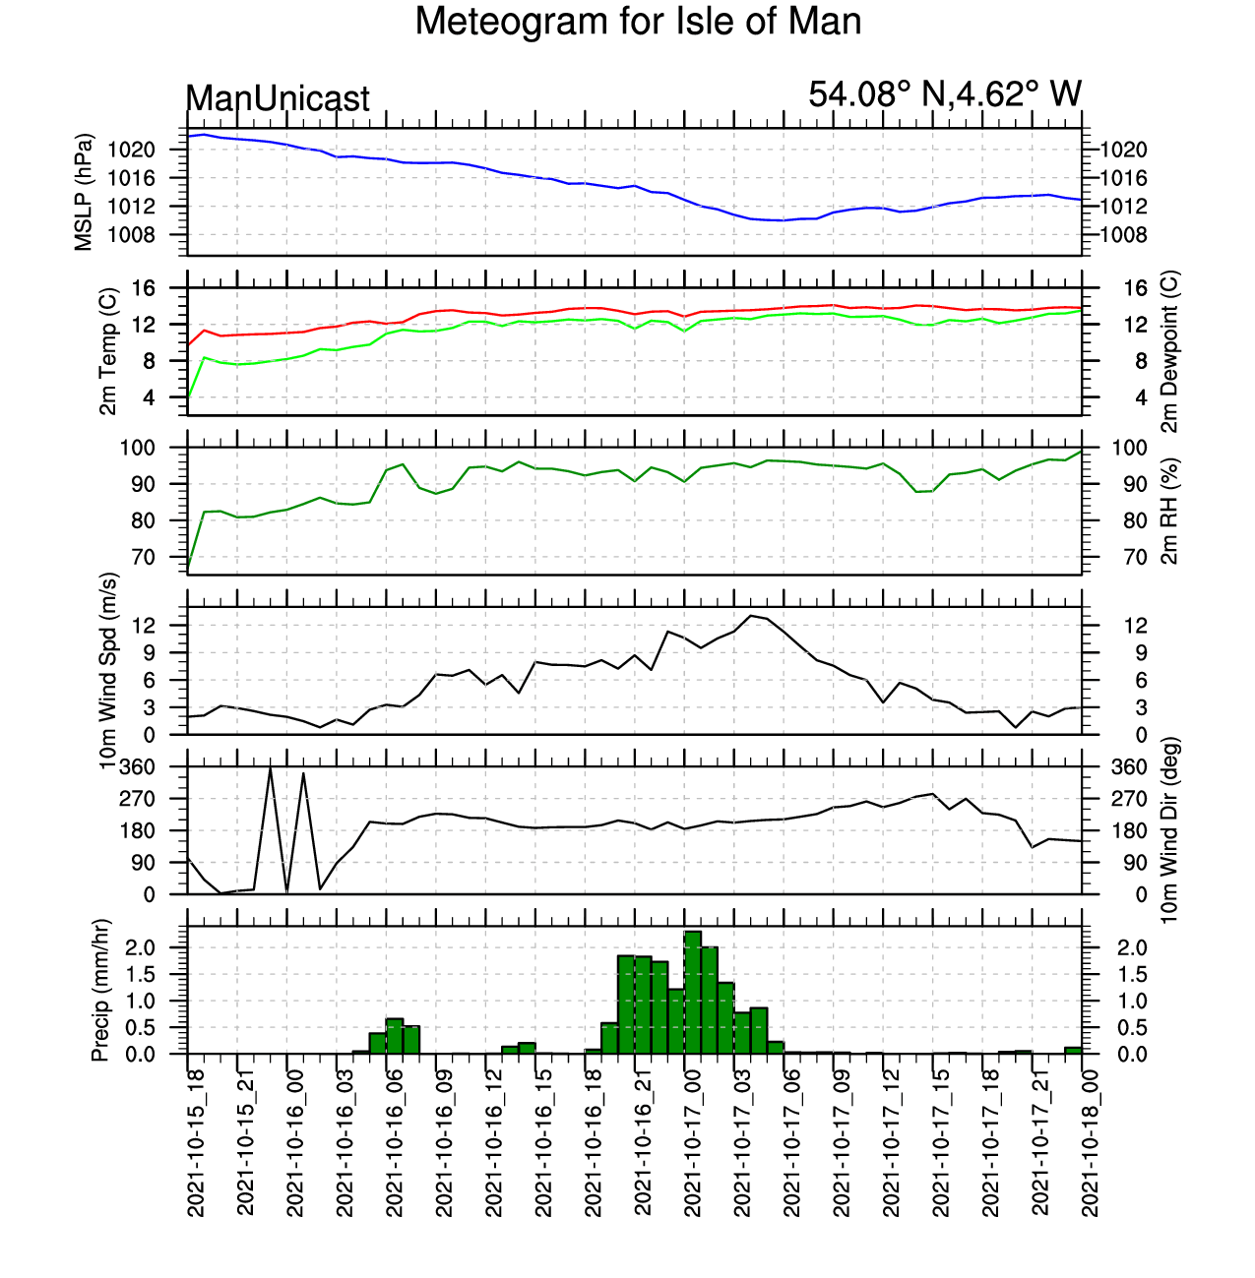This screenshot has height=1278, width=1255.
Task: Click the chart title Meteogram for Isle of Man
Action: pos(638,22)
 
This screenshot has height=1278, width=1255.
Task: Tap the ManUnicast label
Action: pos(278,98)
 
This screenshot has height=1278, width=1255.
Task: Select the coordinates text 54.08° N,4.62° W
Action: pos(945,93)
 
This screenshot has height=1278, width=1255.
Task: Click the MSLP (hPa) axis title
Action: pos(84,192)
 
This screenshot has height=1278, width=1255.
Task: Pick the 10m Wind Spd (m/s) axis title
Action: pos(108,671)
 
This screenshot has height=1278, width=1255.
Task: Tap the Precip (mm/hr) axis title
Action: pos(100,990)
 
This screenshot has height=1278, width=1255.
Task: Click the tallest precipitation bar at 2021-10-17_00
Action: pos(692,992)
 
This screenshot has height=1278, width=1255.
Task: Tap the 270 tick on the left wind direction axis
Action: pos(137,799)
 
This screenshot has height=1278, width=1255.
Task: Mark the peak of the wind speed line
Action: pos(751,616)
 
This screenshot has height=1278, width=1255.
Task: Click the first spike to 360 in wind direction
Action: pos(270,768)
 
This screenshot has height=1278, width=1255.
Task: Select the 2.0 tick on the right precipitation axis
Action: pos(1132,947)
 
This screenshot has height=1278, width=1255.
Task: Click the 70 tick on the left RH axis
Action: pos(144,557)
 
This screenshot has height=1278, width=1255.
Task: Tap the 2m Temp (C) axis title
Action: pos(108,351)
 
